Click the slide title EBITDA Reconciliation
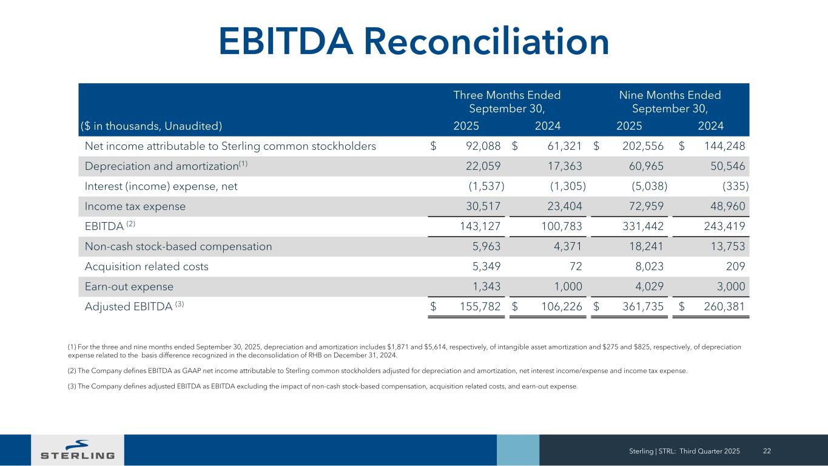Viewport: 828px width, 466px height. point(414,41)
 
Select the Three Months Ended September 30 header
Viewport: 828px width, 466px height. point(507,102)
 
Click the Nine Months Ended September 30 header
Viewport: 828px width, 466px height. point(670,102)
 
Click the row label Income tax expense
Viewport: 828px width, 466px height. point(135,206)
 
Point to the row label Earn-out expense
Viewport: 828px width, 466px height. point(129,286)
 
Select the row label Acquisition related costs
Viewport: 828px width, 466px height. point(146,266)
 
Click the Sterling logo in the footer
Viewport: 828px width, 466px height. point(78,450)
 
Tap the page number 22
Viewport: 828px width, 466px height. point(767,450)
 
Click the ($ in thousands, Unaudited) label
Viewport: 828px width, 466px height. point(152,126)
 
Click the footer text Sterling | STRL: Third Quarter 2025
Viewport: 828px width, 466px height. point(684,450)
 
